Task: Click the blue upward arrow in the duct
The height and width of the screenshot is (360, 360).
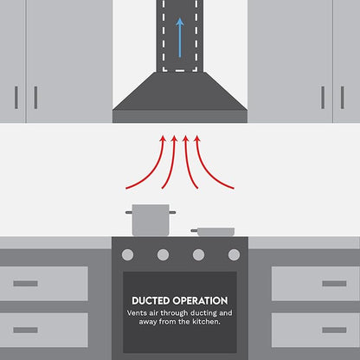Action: pyautogui.click(x=180, y=38)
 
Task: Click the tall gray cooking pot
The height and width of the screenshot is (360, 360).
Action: pyautogui.click(x=151, y=220)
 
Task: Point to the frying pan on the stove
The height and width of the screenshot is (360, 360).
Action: pyautogui.click(x=213, y=232)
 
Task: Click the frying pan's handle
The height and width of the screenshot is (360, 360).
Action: pyautogui.click(x=194, y=230)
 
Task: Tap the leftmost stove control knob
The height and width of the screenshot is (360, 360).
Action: pyautogui.click(x=127, y=255)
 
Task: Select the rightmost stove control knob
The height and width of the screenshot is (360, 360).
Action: pyautogui.click(x=234, y=255)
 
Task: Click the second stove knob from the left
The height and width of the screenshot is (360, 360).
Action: pyautogui.click(x=163, y=255)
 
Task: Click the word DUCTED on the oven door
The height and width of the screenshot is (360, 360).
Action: pyautogui.click(x=151, y=301)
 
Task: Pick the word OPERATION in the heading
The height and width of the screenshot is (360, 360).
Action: pyautogui.click(x=200, y=301)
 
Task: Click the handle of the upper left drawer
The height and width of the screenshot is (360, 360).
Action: pyautogui.click(x=25, y=284)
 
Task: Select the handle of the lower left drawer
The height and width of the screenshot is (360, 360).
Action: pyautogui.click(x=25, y=330)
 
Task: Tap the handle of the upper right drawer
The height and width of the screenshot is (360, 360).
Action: pyautogui.click(x=334, y=284)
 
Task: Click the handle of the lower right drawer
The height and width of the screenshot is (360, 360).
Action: pyautogui.click(x=334, y=330)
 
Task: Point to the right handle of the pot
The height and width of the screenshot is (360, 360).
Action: pyautogui.click(x=172, y=212)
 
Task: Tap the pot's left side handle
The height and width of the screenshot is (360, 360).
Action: pyautogui.click(x=129, y=212)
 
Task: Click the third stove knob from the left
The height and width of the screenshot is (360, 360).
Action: pyautogui.click(x=198, y=255)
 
